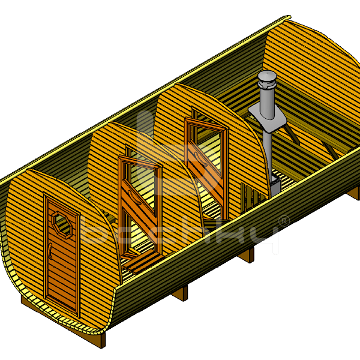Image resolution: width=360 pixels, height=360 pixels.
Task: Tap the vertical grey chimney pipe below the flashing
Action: coord(266,150)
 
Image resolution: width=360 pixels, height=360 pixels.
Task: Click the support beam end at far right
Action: coord(355,192)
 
